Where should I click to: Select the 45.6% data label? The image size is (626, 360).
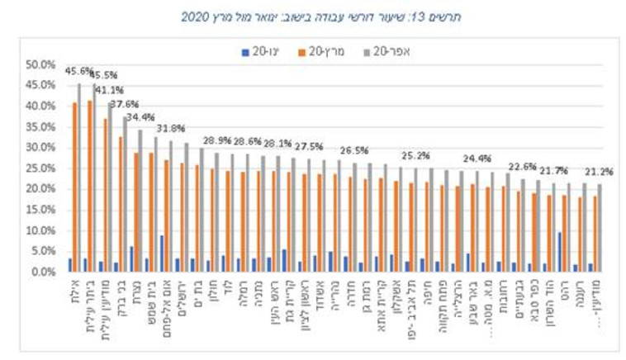[x=78, y=72]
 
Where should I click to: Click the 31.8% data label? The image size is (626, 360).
[x=171, y=129]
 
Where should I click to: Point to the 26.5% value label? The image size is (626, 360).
[x=354, y=151]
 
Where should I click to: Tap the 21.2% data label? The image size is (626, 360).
[x=599, y=173]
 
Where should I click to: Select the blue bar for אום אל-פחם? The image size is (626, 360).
[x=162, y=253]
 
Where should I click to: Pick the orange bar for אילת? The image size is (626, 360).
[x=75, y=187]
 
